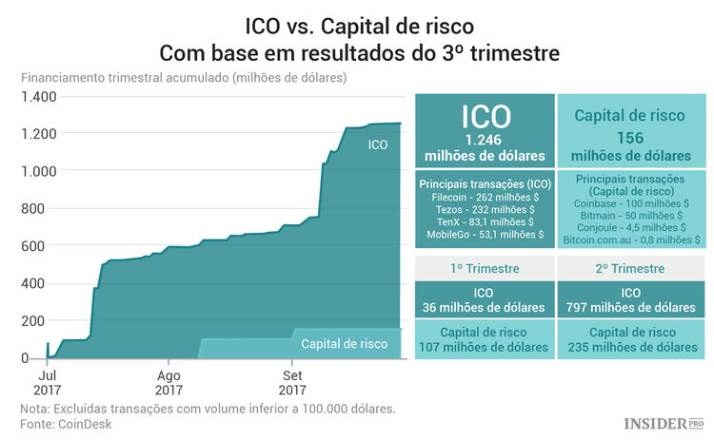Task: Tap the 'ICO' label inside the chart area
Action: [378, 145]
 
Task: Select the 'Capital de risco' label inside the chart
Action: [345, 343]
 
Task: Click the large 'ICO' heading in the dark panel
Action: [486, 117]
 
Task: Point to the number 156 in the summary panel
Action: [630, 137]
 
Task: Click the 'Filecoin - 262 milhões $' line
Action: [486, 197]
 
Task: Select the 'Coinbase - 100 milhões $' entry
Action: [630, 203]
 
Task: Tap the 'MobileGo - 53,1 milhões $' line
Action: [486, 234]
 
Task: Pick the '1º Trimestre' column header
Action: [486, 269]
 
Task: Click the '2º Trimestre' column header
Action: [630, 269]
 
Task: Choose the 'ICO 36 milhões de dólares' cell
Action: [486, 299]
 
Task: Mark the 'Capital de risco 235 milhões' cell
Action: [630, 339]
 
